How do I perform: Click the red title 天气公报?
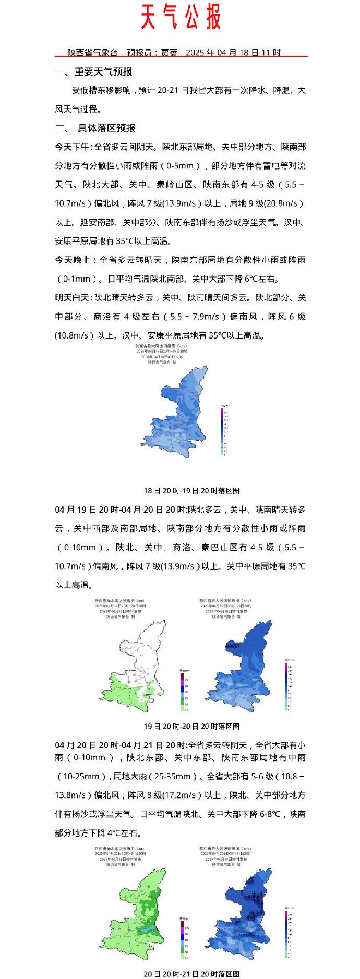pyautogui.click(x=181, y=18)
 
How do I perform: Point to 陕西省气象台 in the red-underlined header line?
pyautogui.click(x=93, y=53)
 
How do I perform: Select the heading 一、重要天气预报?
pyautogui.click(x=94, y=72)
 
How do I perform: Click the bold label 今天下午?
pyautogui.click(x=73, y=147)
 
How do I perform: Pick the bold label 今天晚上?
pyautogui.click(x=73, y=260)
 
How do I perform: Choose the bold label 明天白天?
pyautogui.click(x=73, y=298)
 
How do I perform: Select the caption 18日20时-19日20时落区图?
pyautogui.click(x=191, y=491)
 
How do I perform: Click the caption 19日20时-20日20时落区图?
pyautogui.click(x=191, y=726)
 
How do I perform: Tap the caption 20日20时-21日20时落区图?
pyautogui.click(x=191, y=974)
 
